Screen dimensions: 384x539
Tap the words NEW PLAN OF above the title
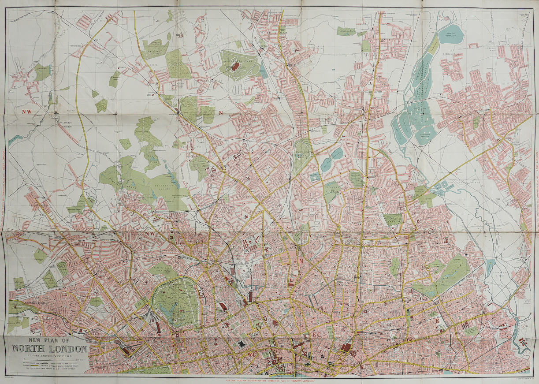coord(49,340)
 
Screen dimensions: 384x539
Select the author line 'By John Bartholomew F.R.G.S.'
coord(49,356)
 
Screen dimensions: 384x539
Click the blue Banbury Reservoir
coord(450,34)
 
